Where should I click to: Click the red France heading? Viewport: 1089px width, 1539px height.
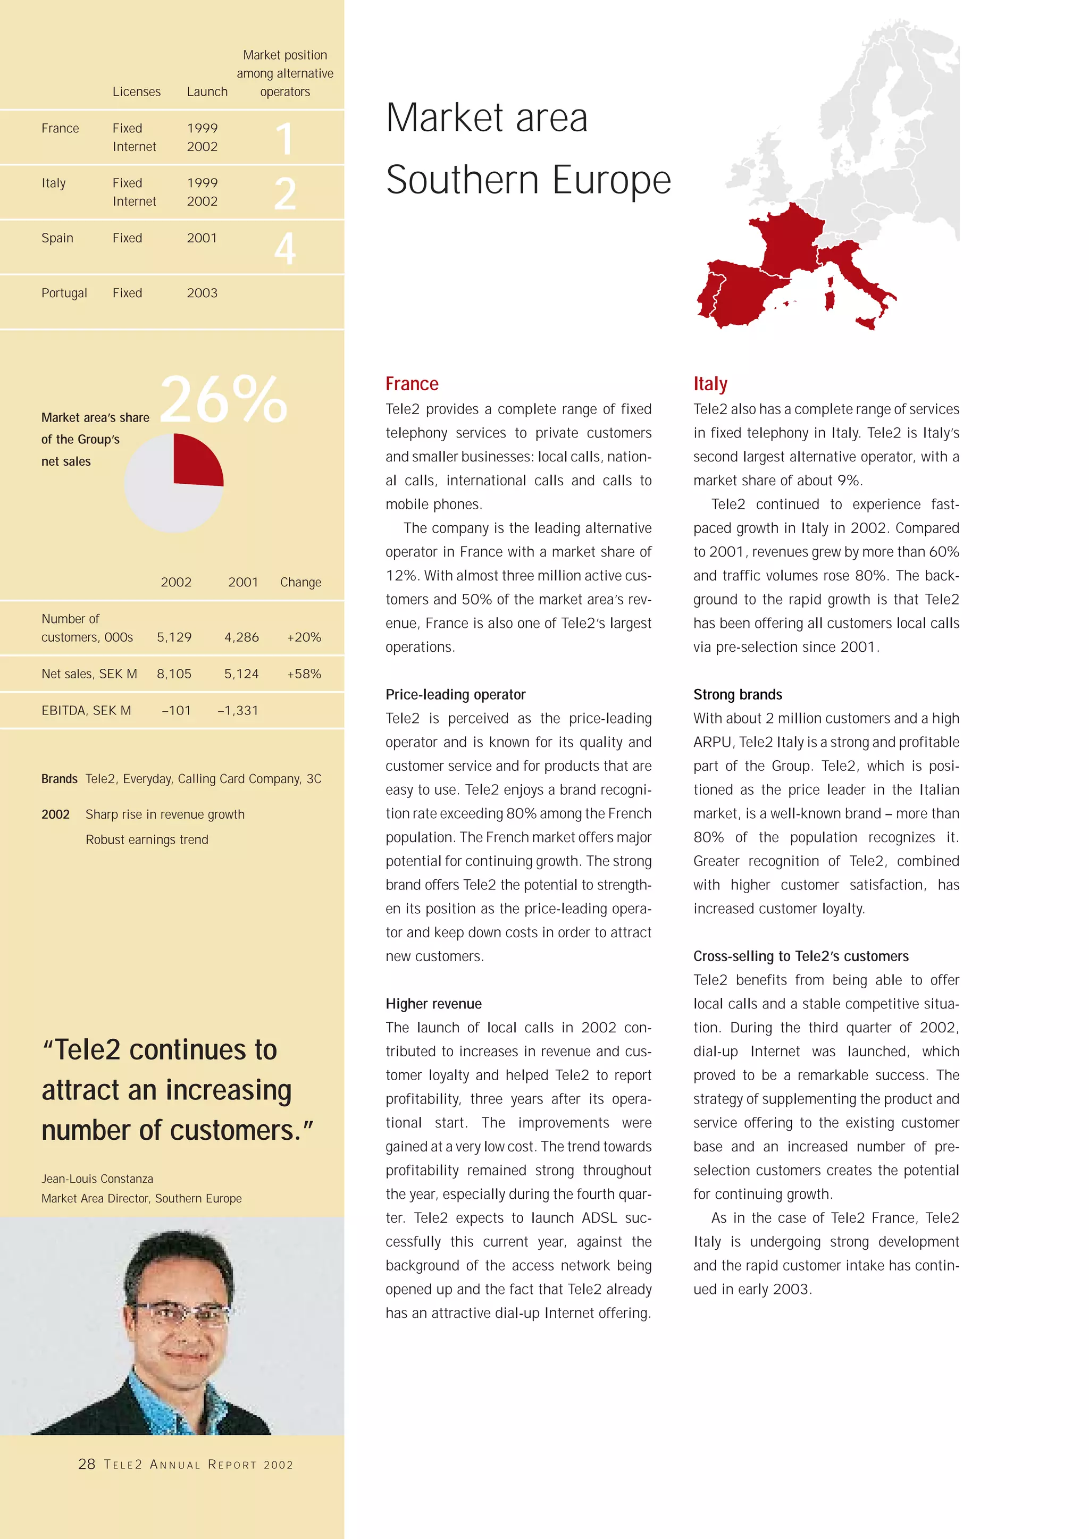412,384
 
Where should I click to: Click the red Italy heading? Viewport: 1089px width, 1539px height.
710,384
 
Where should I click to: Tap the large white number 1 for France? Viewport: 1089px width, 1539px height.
285,139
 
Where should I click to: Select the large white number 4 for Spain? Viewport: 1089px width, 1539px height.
285,249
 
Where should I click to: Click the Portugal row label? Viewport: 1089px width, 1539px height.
64,293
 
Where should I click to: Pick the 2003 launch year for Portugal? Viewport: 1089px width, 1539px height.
202,293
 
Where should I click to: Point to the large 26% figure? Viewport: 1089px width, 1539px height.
223,400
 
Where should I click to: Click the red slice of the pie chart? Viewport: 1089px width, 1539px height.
196,461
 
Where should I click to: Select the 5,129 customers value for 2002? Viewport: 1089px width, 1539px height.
174,637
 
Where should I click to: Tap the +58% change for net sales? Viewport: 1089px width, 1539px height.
304,674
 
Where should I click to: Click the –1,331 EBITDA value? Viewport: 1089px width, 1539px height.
238,711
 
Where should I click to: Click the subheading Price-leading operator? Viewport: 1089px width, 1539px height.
455,694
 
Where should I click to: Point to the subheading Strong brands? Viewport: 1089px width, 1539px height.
738,694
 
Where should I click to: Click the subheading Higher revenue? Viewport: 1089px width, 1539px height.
433,1004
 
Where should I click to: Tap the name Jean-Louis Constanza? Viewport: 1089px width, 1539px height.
97,1179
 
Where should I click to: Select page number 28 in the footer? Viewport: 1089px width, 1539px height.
87,1464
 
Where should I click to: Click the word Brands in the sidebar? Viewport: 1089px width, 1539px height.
59,779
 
